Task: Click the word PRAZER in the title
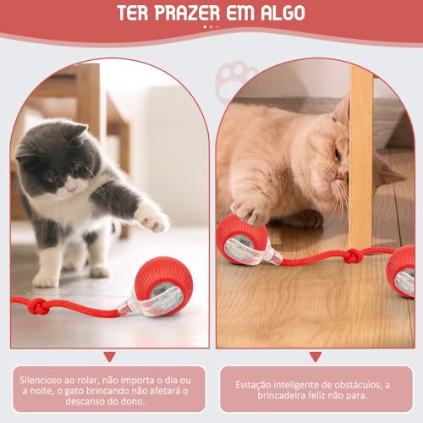point(197,15)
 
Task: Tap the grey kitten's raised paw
point(152,217)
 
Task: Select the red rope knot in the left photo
point(38,305)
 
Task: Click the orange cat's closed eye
point(337,153)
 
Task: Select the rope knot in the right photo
point(353,255)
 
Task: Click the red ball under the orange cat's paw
point(240,240)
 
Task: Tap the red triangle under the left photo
point(108,357)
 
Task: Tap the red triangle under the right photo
point(316,357)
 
